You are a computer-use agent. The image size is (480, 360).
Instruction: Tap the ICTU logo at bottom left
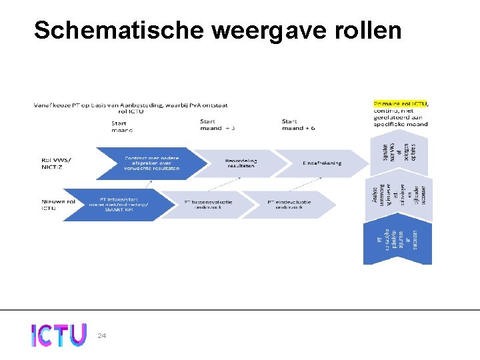(59, 335)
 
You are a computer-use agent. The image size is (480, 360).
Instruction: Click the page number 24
(102, 335)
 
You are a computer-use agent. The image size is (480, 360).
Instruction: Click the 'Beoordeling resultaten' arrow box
(240, 163)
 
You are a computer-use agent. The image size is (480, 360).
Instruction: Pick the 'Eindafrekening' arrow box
(321, 163)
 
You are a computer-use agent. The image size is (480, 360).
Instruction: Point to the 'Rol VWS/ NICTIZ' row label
(57, 163)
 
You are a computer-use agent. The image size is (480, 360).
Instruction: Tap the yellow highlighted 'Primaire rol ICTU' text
(401, 104)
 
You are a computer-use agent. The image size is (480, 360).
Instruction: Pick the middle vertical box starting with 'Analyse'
(397, 198)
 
